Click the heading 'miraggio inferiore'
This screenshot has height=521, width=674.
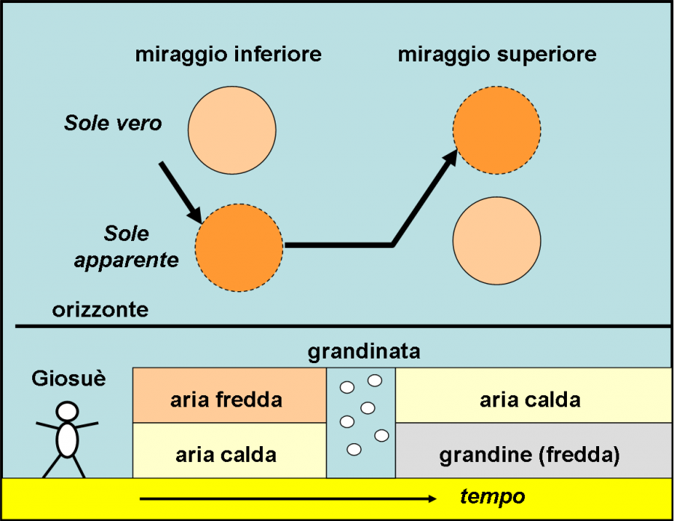(x=228, y=55)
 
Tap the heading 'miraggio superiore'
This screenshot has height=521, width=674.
(x=497, y=55)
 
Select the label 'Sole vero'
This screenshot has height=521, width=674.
(x=112, y=124)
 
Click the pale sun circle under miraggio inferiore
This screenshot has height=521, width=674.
(x=231, y=129)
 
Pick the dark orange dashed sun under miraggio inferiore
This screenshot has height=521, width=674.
(x=239, y=248)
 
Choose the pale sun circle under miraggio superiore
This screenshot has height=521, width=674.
(x=497, y=241)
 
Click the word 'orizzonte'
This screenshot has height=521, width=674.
(x=100, y=310)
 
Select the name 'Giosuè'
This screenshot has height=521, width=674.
(x=68, y=378)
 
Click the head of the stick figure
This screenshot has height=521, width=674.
(x=67, y=411)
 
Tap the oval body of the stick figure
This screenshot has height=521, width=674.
(x=67, y=440)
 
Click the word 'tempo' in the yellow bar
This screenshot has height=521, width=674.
(x=492, y=496)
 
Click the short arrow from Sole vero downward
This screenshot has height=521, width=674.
(x=180, y=192)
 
